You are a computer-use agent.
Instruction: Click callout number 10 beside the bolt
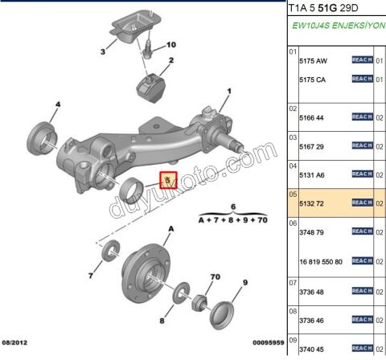point(170,45)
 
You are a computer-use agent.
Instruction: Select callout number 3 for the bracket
point(102,53)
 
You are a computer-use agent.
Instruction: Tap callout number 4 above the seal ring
point(57,104)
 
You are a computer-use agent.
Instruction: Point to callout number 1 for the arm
point(228,92)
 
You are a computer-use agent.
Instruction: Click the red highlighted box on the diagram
point(167,180)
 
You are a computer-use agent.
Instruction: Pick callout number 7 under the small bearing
point(92,276)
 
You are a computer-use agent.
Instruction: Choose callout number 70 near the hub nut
point(214,277)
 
